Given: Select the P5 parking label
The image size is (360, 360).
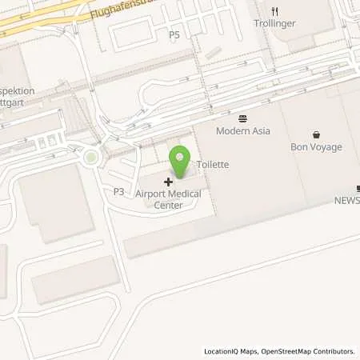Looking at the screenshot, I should tap(174, 35).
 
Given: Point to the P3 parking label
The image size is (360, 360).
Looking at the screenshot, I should tap(118, 192).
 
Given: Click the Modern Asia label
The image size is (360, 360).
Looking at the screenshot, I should tap(243, 131).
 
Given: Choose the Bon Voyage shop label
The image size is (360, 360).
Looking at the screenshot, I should tap(316, 147).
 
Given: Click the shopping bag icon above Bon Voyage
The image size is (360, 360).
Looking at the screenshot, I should tap(316, 134).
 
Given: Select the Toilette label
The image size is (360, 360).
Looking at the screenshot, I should tap(213, 164).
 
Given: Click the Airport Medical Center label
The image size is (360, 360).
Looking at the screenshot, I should tap(168, 199).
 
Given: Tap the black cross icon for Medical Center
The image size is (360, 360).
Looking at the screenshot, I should tap(168, 182).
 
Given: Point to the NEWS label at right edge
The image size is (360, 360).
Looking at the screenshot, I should tap(347, 200).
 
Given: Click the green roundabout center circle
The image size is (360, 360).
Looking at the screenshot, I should tap(91, 158).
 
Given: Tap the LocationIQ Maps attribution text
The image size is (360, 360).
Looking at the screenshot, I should tap(232, 351).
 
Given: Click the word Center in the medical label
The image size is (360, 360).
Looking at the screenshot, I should tap(168, 205).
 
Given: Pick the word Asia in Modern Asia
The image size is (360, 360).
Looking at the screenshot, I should tap(260, 131).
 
